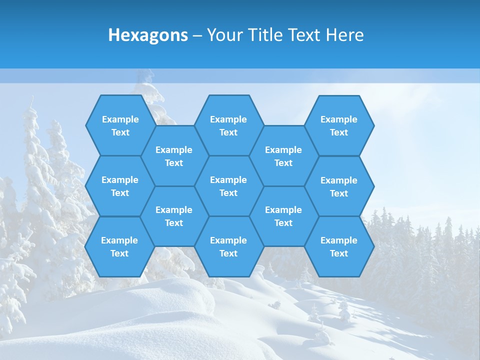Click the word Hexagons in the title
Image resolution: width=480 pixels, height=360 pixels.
coord(148,35)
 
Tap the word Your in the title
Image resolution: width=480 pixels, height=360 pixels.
coord(223,35)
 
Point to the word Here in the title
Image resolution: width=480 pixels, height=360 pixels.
coord(345,35)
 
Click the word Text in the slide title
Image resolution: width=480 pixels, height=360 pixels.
coord(305,35)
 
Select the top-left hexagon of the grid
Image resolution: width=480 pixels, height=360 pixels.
coord(120,125)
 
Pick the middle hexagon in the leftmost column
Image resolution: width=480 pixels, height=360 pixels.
coord(120,186)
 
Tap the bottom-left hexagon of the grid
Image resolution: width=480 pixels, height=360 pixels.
coord(119,246)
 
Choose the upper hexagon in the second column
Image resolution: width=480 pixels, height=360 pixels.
coord(174,156)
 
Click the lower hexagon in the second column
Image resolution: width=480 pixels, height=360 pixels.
coord(174,216)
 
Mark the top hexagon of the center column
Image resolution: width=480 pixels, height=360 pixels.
coord(228,125)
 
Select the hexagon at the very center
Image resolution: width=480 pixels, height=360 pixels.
coord(228,186)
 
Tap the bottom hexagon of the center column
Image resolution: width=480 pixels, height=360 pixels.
coord(228,246)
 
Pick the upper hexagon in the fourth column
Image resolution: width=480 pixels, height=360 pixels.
coord(283,156)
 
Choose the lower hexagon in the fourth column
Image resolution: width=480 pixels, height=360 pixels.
coord(283,216)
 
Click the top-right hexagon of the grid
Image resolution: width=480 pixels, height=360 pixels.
coord(339,125)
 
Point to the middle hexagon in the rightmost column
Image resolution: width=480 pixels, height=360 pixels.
coord(339,186)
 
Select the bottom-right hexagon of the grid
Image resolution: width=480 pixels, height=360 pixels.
coord(339,246)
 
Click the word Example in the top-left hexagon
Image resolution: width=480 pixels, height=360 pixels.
coord(120,119)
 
